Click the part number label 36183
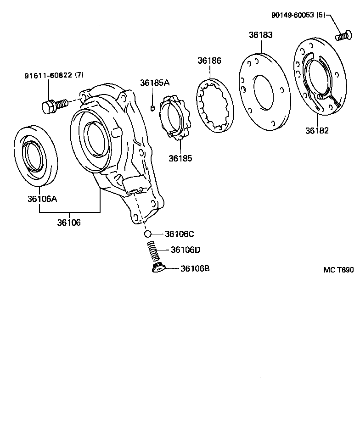[260, 35]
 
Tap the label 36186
[209, 61]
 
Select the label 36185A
[155, 83]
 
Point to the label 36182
[317, 131]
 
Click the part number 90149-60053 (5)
[298, 15]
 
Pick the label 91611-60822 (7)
[54, 75]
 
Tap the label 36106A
[42, 199]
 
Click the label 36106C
[179, 234]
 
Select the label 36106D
[186, 250]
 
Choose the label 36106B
[195, 268]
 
